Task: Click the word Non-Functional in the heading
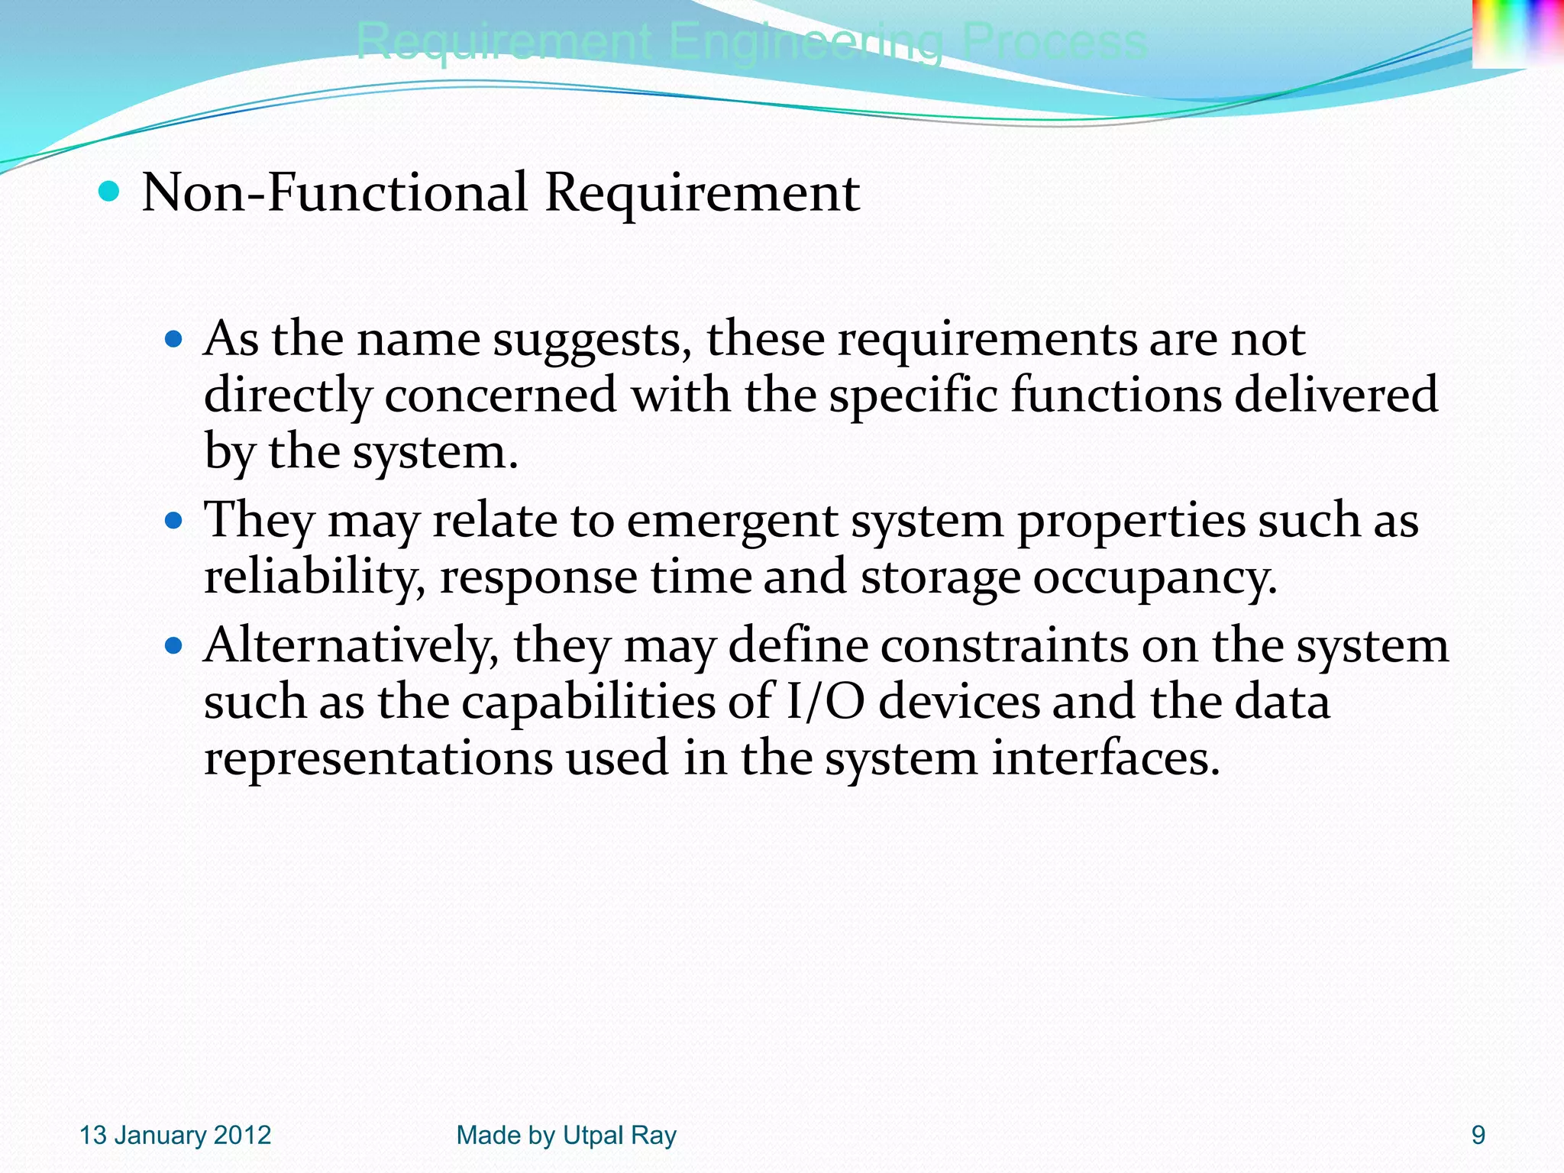334,192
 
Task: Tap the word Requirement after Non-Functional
702,192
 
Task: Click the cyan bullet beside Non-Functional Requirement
110,191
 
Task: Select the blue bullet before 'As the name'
174,338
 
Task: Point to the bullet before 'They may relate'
174,521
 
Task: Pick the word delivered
1336,396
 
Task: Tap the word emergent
732,521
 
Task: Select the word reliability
313,577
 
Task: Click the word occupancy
1154,577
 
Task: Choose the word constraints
1003,646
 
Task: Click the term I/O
826,703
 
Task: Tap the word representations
378,758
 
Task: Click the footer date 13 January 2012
176,1136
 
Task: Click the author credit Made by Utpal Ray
566,1136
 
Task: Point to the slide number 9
1478,1136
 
